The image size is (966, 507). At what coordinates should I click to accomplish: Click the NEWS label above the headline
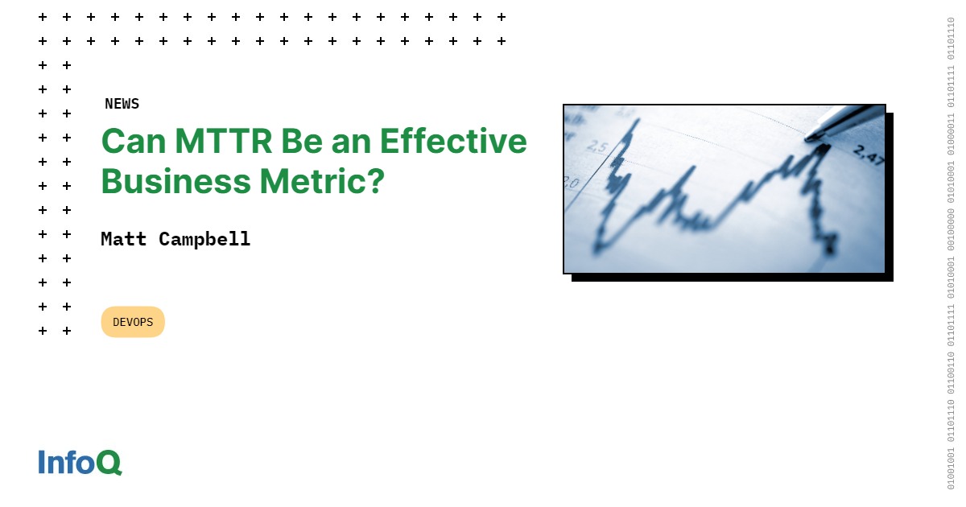[122, 104]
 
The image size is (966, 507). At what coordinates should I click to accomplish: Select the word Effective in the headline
[453, 142]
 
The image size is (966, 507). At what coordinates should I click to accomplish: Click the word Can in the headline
[133, 142]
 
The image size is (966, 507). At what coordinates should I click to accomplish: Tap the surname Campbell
[204, 239]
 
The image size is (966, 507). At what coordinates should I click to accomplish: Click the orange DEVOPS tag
[133, 322]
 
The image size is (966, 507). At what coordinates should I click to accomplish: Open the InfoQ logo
[80, 462]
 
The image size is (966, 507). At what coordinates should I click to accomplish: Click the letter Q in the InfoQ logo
[109, 463]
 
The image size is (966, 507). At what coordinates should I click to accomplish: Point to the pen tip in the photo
[810, 138]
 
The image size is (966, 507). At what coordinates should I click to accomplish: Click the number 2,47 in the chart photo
[868, 155]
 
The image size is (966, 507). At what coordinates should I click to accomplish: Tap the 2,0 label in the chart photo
[571, 183]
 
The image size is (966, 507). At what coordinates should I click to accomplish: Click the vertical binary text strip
[951, 253]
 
